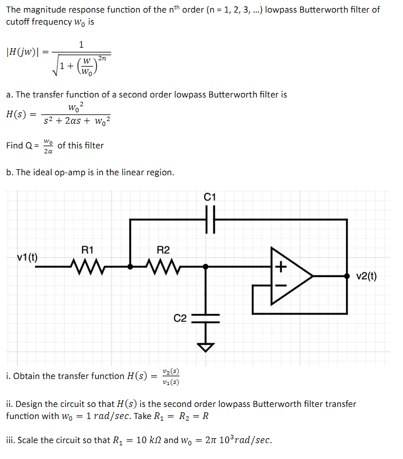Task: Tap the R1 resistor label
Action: pos(87,250)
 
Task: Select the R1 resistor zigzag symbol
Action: pos(87,267)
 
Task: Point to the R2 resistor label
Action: pos(163,250)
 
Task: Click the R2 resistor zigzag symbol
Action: pos(163,267)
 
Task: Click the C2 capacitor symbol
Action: pos(206,318)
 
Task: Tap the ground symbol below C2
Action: pos(206,346)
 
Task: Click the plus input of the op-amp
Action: pos(281,267)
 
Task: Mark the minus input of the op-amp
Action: pos(281,285)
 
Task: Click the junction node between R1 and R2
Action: pos(130,267)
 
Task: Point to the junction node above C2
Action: pos(206,267)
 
